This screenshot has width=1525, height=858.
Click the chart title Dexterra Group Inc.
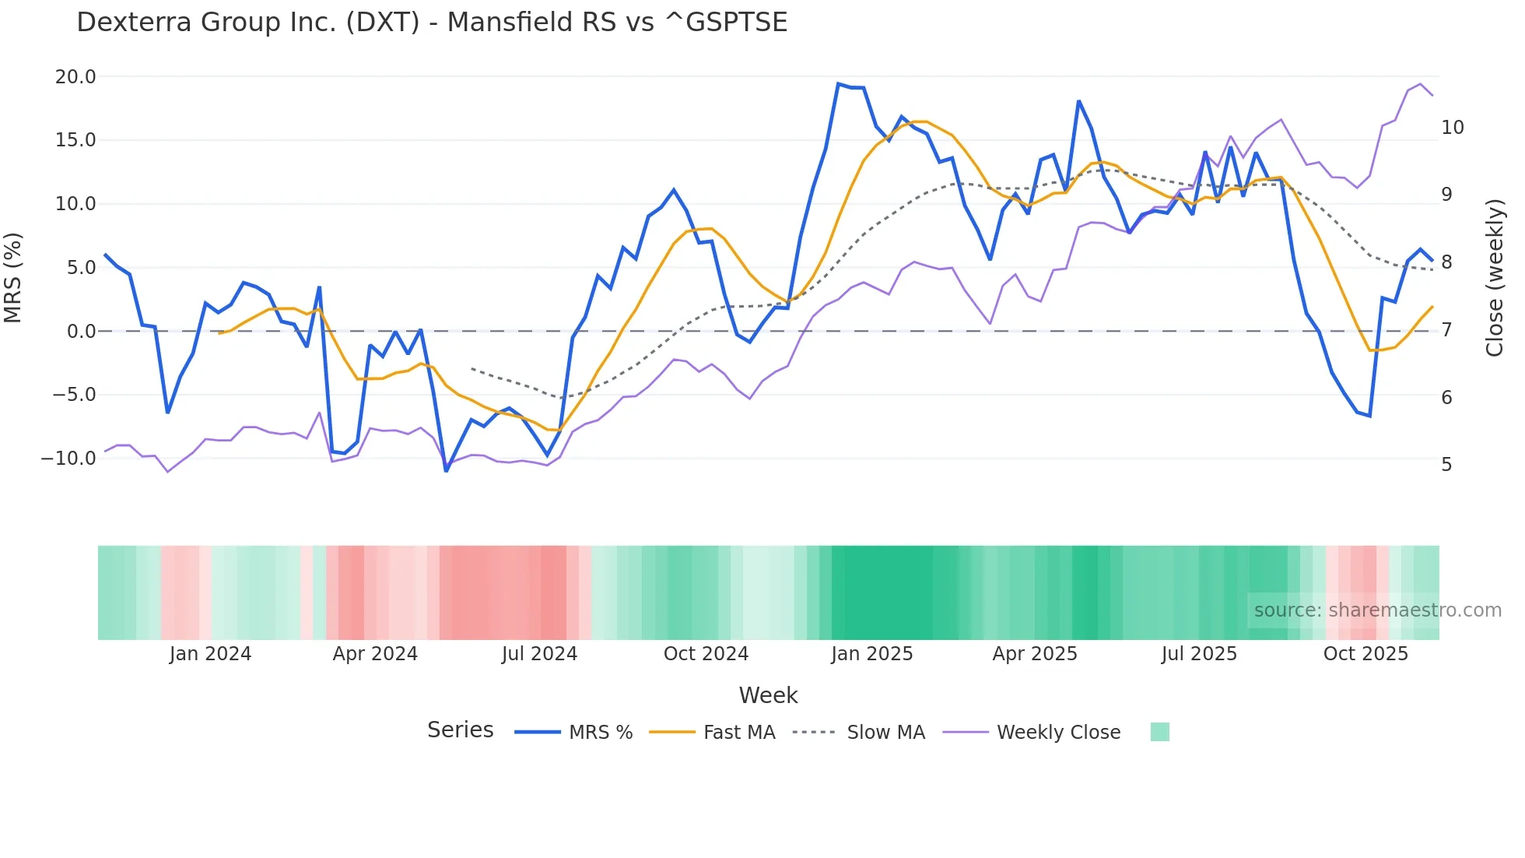pos(432,22)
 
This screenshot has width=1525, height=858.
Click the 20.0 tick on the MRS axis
pos(75,76)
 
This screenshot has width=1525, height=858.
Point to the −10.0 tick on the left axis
pos(69,458)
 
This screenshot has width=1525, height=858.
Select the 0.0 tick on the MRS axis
pos(81,331)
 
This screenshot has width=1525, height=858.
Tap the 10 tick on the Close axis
pos(1452,128)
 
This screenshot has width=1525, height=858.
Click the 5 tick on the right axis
pos(1446,464)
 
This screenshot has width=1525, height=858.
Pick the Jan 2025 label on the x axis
pos(871,654)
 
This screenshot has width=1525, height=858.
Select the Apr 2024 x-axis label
pos(375,654)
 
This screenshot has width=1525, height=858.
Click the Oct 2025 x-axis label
pos(1365,654)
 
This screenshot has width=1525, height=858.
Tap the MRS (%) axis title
pos(13,277)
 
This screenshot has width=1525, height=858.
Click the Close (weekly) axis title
pos(1494,278)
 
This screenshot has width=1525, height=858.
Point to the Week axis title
pos(768,695)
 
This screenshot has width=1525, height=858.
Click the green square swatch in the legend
pos(1159,732)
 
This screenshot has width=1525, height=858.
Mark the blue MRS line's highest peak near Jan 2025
pos(838,83)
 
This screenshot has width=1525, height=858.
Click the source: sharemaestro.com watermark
pos(1377,610)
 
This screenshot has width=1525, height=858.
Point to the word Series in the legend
pos(460,730)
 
